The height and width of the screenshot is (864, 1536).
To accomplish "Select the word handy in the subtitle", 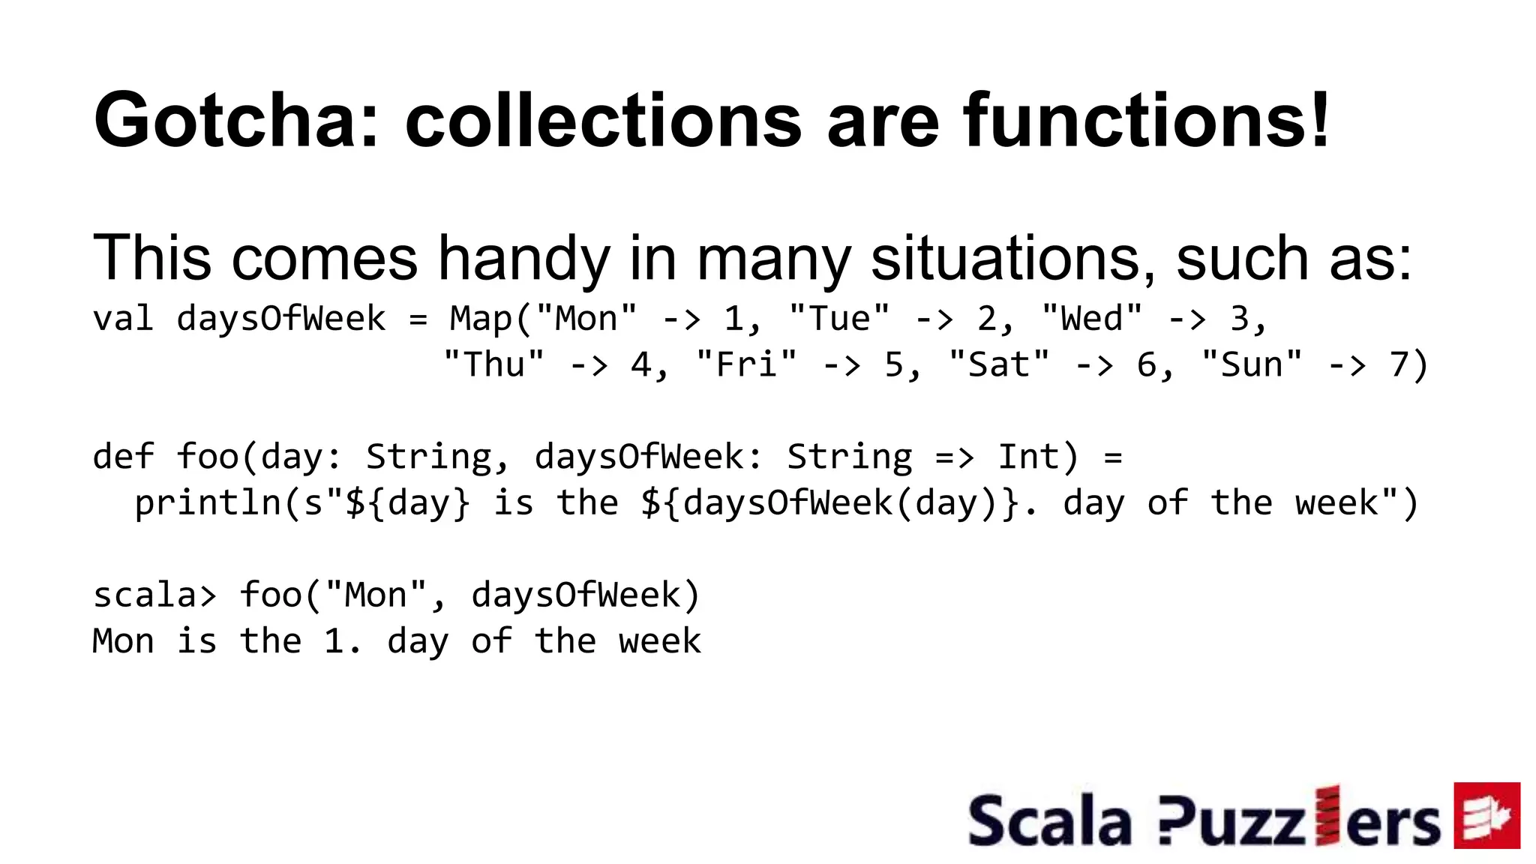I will [x=523, y=259].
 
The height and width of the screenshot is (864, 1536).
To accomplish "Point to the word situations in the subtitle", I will [x=1012, y=259].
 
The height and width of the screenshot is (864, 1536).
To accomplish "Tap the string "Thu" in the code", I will [x=493, y=365].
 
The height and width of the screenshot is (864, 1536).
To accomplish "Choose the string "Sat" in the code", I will [x=999, y=365].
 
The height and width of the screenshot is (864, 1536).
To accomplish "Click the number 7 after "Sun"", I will [x=1399, y=365].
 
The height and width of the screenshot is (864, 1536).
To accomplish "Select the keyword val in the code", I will [x=123, y=319].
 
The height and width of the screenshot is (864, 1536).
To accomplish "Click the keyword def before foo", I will [x=123, y=457].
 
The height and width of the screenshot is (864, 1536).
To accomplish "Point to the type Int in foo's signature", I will [x=1028, y=457].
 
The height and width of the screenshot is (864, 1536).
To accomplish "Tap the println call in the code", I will [x=207, y=503].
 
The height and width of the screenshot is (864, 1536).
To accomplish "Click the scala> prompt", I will [x=154, y=595].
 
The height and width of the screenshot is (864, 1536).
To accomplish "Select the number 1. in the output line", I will [x=342, y=642].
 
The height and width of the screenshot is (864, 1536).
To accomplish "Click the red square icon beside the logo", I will [x=1486, y=815].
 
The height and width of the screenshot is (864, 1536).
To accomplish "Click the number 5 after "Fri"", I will [x=894, y=365].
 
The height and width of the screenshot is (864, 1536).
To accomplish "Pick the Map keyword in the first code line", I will [x=480, y=319].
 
